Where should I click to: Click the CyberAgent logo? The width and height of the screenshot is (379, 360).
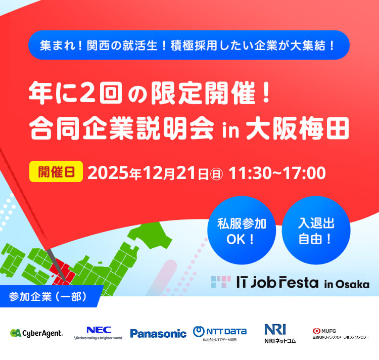click(36, 333)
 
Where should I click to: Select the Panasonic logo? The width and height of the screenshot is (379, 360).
click(158, 333)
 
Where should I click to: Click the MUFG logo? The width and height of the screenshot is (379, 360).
click(341, 334)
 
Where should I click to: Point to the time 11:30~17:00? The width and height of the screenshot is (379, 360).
click(277, 172)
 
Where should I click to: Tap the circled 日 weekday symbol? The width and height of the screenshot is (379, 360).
click(217, 173)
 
